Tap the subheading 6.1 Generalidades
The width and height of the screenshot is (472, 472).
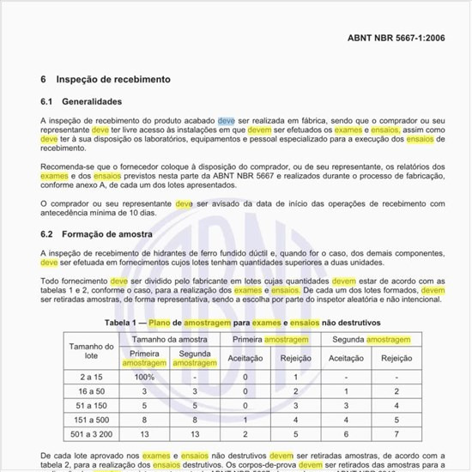[88, 102]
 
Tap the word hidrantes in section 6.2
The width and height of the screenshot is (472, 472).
[172, 253]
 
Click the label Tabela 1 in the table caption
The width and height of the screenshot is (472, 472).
[125, 322]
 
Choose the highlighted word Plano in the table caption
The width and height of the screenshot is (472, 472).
[160, 322]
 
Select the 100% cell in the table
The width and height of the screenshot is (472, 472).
[143, 377]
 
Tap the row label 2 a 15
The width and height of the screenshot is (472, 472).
[87, 377]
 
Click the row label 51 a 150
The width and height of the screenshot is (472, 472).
[87, 405]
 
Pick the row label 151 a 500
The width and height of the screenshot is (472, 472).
[87, 421]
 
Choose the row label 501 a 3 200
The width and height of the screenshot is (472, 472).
[87, 435]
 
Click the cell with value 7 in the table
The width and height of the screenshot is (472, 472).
[396, 435]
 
